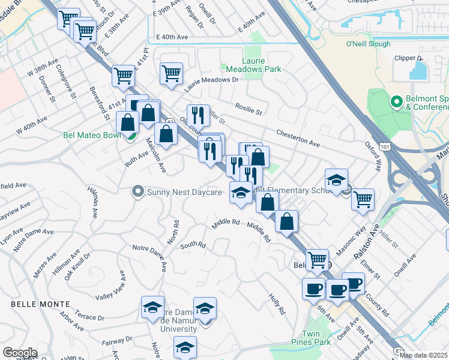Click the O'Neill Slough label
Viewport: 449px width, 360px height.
pyautogui.click(x=368, y=44)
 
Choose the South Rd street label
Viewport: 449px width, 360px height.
pyautogui.click(x=193, y=245)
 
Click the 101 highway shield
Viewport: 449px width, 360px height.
pyautogui.click(x=385, y=146)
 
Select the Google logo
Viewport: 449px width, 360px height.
pyautogui.click(x=20, y=353)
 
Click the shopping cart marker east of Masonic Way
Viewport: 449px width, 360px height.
pyautogui.click(x=363, y=199)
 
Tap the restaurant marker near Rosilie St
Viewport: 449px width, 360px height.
pyautogui.click(x=197, y=114)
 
